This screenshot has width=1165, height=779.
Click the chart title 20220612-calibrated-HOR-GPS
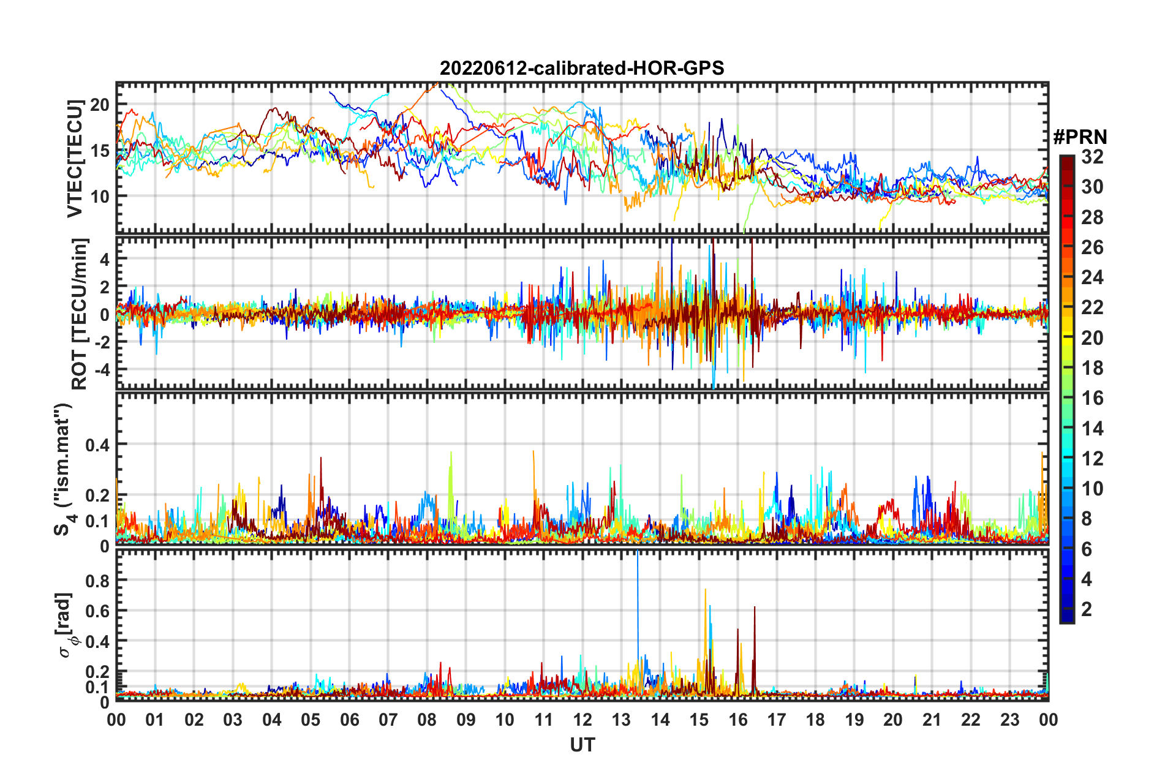[x=582, y=68]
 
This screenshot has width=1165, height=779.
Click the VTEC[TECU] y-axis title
[x=75, y=159]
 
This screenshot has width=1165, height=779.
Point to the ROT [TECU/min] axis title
[x=80, y=314]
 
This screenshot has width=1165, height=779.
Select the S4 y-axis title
[x=63, y=469]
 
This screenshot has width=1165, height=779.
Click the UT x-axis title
[x=582, y=745]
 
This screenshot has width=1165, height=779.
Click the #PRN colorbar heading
[x=1080, y=137]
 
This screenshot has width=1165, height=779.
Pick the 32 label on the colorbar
[x=1092, y=157]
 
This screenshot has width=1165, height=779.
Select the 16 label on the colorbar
[x=1092, y=399]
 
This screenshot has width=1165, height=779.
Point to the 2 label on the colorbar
[x=1087, y=609]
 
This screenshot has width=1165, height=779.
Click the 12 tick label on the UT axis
[x=582, y=720]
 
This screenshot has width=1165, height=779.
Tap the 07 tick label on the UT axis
[x=388, y=720]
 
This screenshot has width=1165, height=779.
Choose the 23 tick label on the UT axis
[x=1009, y=720]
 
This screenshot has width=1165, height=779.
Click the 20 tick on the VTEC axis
[x=100, y=105]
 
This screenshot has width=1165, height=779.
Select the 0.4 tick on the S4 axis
[x=97, y=445]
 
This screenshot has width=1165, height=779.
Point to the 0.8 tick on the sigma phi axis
[x=97, y=580]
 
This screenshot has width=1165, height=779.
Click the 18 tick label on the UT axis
[x=815, y=720]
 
